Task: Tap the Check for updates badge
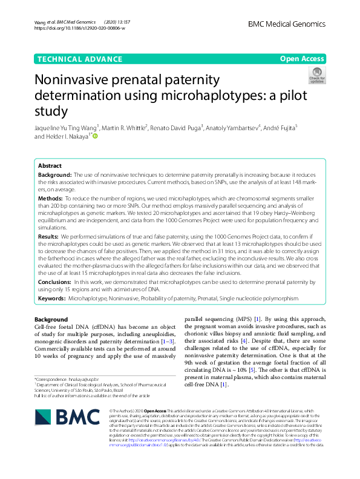pos(316,75)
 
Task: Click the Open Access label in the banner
pos(303,59)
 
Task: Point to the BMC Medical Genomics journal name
pos(286,24)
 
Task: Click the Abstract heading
pos(50,165)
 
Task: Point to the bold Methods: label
pos(50,198)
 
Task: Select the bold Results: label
pos(48,236)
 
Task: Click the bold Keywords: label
pos(52,299)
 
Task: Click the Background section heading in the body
pos(51,319)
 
